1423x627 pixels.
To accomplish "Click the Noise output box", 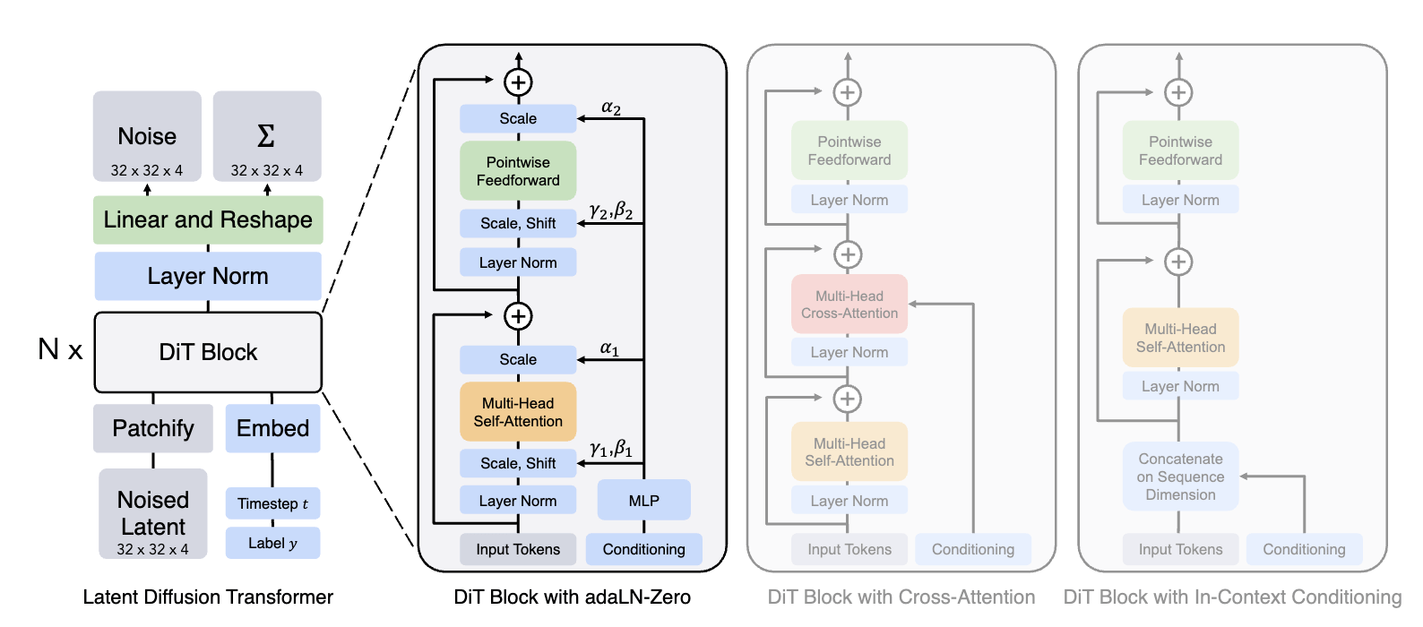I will (147, 136).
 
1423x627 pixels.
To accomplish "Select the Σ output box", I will (267, 136).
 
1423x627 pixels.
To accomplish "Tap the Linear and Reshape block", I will (208, 219).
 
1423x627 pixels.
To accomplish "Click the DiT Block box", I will (208, 352).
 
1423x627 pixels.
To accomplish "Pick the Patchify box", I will (153, 428).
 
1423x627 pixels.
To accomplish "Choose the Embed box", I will (272, 428).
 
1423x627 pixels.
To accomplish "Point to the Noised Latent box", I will (153, 513).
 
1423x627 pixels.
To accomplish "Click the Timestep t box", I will (272, 503).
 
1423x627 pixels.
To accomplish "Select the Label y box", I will (272, 543).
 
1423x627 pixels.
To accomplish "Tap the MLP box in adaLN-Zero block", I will (643, 500).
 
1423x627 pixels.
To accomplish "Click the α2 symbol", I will (611, 107).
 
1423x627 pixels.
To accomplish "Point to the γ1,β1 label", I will (611, 448).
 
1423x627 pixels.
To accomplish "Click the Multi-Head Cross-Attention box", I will (849, 305).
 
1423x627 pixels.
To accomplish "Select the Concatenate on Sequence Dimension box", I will (1180, 477).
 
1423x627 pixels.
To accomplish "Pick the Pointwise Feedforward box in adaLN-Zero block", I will (518, 171).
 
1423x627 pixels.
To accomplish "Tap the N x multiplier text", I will (60, 349).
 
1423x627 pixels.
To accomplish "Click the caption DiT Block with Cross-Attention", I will (901, 597).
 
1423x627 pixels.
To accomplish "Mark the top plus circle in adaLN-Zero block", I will (518, 82).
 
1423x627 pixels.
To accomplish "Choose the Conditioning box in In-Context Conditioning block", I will (1304, 549).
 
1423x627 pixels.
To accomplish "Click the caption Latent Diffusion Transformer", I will (208, 597).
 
